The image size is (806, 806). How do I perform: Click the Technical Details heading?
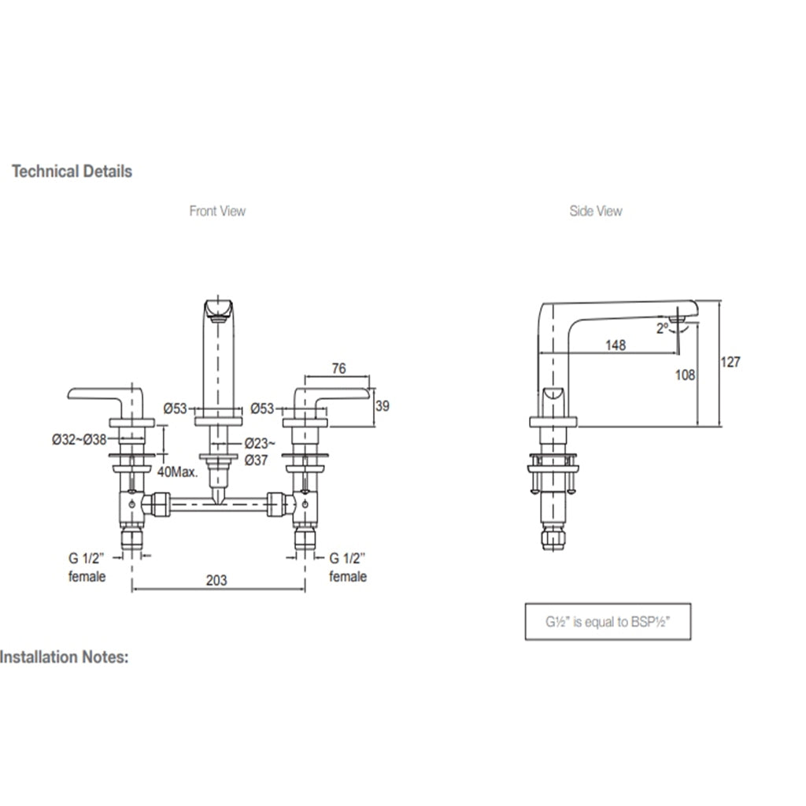click(72, 171)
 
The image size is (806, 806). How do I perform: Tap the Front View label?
click(217, 211)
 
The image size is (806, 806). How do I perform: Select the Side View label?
click(596, 211)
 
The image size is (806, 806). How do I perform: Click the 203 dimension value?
click(216, 581)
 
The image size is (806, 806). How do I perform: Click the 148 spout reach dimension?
click(616, 344)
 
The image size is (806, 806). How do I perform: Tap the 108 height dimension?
click(686, 375)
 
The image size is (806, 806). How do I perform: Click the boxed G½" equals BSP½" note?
click(608, 621)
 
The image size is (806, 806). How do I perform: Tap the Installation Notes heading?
click(64, 656)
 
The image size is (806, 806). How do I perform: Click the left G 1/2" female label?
click(87, 568)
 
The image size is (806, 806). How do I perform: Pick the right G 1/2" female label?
click(348, 568)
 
